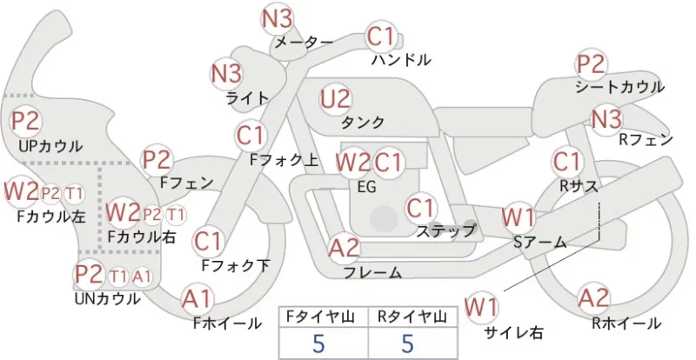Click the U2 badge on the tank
coord(336,99)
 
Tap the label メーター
coord(304,43)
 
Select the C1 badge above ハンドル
coord(380,37)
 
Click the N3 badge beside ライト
coord(226,74)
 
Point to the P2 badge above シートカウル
coord(591,64)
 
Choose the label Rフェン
coord(646,140)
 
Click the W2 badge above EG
coord(353,163)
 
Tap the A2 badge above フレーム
coord(344,248)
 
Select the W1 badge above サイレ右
coord(481,307)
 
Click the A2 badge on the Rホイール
coord(594,297)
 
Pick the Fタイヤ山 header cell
coord(323,317)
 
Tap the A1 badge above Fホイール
coord(197,299)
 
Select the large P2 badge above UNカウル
coord(89,274)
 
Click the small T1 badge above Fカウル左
coord(74,194)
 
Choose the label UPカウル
coord(50,146)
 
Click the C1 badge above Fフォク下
coord(208,242)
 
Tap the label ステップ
coord(445,230)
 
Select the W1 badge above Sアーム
coord(519,217)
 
